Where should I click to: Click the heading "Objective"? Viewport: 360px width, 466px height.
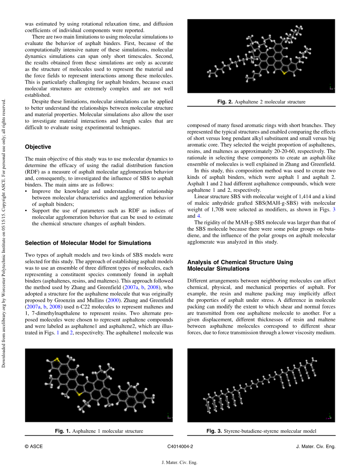[38, 147]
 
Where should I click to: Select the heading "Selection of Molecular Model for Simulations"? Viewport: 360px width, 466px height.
[88, 243]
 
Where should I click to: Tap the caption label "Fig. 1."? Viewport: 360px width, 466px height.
[63, 431]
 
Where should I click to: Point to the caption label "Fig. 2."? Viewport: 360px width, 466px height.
[225, 102]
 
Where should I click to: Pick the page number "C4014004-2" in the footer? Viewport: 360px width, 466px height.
[180, 446]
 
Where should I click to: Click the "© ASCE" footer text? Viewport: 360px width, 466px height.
[34, 446]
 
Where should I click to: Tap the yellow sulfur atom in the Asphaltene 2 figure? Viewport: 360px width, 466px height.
[284, 73]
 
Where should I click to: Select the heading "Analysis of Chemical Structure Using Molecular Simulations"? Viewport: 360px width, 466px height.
[240, 265]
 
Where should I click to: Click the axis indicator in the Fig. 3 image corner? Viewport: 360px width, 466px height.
[330, 417]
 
